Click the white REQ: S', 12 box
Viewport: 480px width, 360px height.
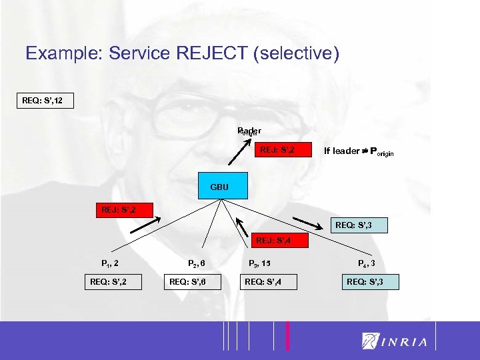(46, 102)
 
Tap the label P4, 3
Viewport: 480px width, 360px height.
(367, 263)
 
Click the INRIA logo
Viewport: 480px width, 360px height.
(395, 341)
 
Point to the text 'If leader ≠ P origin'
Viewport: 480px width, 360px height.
(358, 151)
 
